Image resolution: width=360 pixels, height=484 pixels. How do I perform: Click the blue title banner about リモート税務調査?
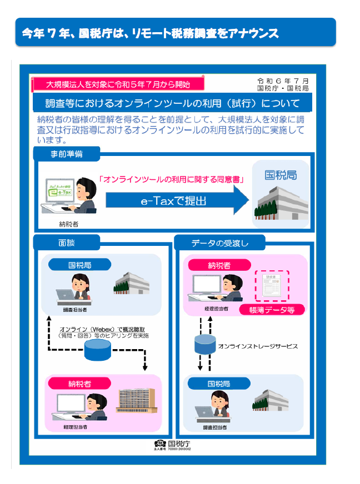coord(176,32)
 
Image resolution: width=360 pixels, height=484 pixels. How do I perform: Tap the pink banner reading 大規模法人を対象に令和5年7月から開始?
coord(118,84)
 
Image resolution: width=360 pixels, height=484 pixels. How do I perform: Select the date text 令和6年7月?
coord(287,80)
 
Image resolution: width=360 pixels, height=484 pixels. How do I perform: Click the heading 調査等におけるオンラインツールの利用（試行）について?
coord(173,103)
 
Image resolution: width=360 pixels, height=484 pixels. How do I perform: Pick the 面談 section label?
coord(67,243)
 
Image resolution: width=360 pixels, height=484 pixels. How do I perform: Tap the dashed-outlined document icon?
coord(272,286)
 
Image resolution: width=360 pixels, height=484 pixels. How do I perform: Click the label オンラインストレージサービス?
coord(258,346)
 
